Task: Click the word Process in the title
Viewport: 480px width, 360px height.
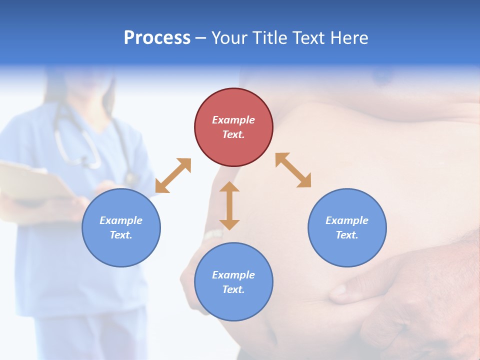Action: tap(157, 38)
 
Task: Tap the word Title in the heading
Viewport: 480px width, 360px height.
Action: tap(270, 38)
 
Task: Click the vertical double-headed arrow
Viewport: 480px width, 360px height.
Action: tap(229, 205)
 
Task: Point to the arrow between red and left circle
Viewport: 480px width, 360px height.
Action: tap(173, 175)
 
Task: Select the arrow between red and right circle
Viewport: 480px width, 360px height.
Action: tap(293, 170)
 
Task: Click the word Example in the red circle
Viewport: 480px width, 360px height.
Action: tap(233, 120)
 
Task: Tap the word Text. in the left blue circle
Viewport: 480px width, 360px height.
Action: tap(121, 235)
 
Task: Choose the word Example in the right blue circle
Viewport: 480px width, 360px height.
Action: tap(347, 220)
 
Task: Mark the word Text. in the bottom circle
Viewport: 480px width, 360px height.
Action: tap(233, 289)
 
